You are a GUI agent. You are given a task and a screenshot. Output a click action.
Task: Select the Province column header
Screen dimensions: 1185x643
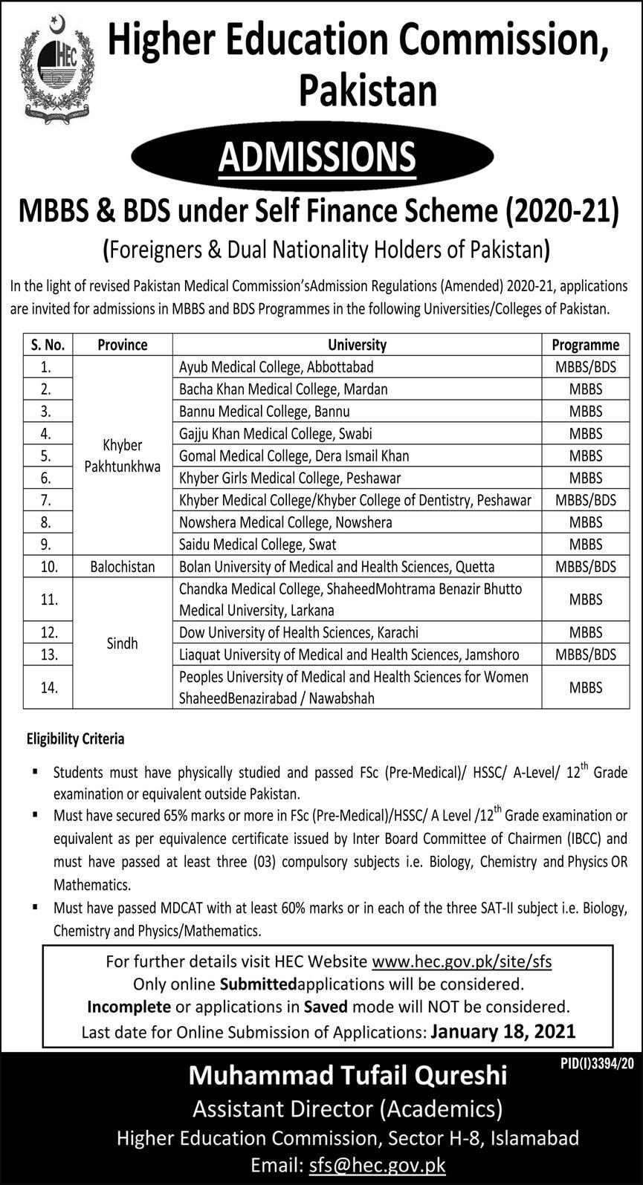click(122, 345)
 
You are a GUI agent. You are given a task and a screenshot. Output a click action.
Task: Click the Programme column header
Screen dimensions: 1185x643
click(585, 345)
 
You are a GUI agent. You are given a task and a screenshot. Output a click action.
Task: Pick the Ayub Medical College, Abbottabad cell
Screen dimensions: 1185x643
click(276, 367)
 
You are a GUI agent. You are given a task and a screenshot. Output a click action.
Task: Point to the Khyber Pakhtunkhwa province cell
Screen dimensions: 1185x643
click(122, 455)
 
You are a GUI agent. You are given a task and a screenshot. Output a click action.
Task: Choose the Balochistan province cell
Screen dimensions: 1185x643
click(122, 567)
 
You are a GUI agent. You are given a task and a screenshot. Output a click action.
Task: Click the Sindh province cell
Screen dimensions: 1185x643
click(122, 643)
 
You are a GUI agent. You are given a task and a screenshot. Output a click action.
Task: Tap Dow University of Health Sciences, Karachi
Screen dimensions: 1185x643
click(298, 632)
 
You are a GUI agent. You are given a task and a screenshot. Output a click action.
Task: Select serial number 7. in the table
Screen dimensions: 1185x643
click(48, 500)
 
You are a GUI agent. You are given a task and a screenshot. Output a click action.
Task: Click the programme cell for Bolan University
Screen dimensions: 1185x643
click(585, 567)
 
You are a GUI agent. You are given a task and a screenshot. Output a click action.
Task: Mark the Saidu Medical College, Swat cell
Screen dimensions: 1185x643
click(257, 545)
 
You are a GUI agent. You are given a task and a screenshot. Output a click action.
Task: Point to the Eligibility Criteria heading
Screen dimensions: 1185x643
click(75, 739)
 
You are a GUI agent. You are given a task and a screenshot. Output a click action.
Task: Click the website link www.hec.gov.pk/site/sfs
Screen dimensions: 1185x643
click(462, 961)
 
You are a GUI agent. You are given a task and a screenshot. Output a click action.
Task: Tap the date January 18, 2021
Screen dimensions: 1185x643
click(503, 1031)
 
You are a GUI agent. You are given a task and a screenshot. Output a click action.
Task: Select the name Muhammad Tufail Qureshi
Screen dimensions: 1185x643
click(348, 1075)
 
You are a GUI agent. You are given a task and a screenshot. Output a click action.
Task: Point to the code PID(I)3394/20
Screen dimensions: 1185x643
click(597, 1064)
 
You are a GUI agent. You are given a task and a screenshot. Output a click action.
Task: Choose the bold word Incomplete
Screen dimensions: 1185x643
click(129, 1007)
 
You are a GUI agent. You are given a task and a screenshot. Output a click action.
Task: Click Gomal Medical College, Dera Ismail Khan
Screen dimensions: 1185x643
click(294, 456)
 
